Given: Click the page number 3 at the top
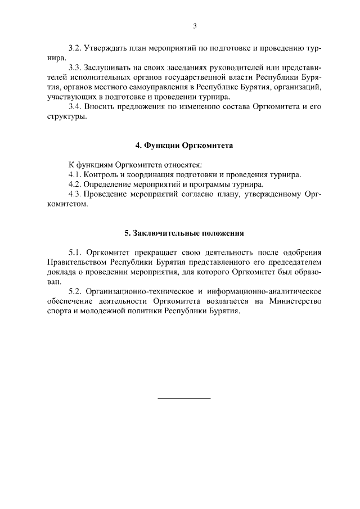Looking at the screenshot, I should [x=195, y=25].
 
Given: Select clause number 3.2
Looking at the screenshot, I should [x=75, y=48].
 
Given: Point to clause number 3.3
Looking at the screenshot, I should [x=75, y=67].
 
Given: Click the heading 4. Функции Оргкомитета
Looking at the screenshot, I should [x=184, y=145].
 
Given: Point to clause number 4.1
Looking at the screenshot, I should [x=75, y=174].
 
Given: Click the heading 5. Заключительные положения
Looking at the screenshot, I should [x=184, y=232].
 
